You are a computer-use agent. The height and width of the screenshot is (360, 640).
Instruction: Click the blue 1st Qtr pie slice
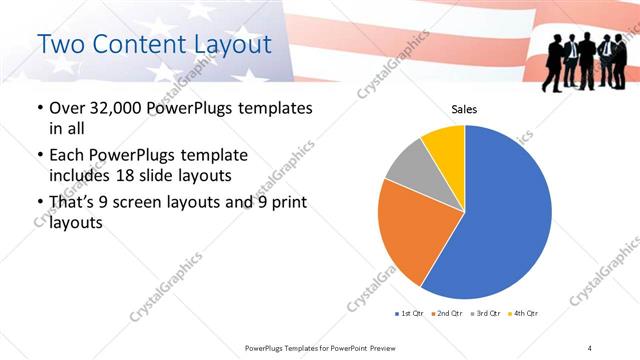[505, 215]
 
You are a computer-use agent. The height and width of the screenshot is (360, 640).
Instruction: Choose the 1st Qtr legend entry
[410, 313]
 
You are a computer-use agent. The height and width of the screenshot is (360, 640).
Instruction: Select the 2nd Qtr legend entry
[446, 313]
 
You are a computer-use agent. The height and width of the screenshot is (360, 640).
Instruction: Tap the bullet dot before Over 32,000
[39, 108]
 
